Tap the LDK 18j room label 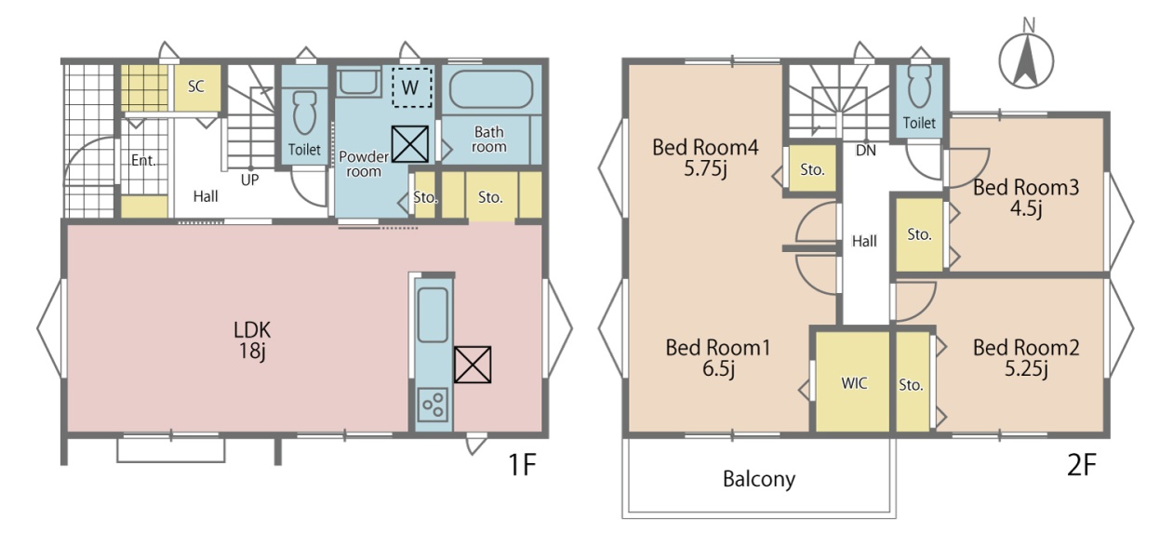pos(252,340)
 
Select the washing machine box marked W pos(412,87)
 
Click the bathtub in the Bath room pos(491,89)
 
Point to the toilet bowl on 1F pos(304,113)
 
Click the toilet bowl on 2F pos(919,86)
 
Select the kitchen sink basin pos(433,314)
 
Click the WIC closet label pos(854,383)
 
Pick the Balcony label pos(759,479)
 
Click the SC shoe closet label pos(195,86)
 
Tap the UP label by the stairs pos(249,180)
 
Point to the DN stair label pos(865,151)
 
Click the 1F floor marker pos(522,464)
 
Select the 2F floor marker pos(1082,465)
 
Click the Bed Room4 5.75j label pos(705,157)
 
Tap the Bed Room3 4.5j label pos(1026,198)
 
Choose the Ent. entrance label pos(143,161)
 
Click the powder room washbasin pos(358,83)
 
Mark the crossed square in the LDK pos(473,365)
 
